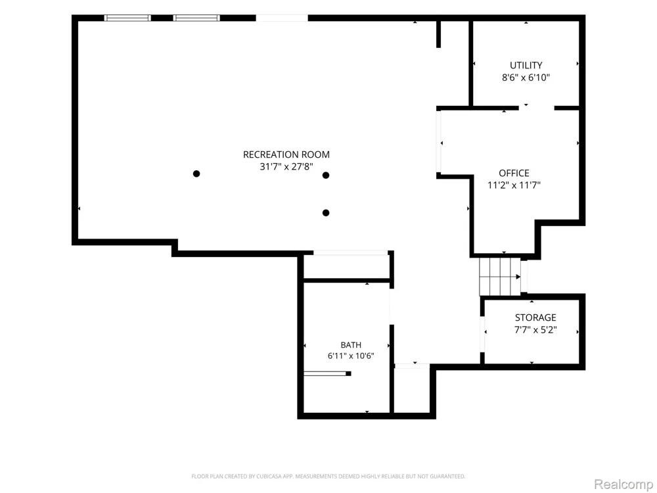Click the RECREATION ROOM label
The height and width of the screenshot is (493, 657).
(286, 154)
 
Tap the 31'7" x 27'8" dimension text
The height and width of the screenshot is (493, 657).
(286, 166)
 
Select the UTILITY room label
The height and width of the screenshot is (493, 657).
(526, 65)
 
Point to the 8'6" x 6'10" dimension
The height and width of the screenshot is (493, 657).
(526, 78)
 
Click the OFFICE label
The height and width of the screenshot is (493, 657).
(514, 173)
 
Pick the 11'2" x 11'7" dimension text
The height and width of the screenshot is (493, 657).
(514, 185)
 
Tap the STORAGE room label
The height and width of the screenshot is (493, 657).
(535, 317)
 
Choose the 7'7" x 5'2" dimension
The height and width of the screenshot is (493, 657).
(535, 329)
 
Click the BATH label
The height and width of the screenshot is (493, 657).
(351, 345)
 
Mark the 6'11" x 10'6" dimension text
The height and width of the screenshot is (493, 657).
(351, 356)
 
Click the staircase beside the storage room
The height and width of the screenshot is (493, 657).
(500, 276)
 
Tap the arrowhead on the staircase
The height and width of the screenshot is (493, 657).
(518, 277)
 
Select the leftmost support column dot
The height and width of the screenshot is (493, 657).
(196, 174)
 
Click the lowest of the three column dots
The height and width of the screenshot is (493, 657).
(326, 213)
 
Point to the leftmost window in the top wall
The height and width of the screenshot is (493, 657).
(127, 18)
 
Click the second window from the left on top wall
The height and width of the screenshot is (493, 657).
(196, 18)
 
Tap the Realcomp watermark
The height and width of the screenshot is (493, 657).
(623, 484)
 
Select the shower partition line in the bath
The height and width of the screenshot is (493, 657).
(327, 373)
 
